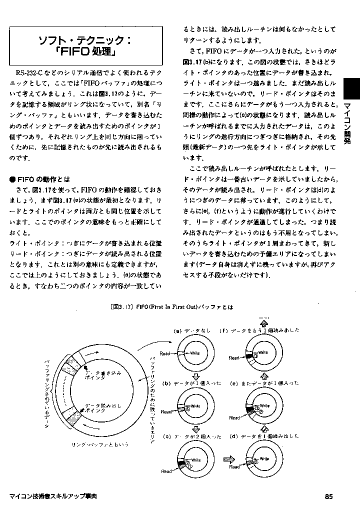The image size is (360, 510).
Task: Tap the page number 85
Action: pyautogui.click(x=328, y=496)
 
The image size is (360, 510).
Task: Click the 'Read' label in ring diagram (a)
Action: pyautogui.click(x=165, y=353)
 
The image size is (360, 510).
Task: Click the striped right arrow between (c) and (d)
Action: pyautogui.click(x=229, y=457)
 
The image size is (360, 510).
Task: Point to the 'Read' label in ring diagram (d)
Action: pyautogui.click(x=234, y=466)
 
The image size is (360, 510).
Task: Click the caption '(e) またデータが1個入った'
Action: pyautogui.click(x=264, y=382)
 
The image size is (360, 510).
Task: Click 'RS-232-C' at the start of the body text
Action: pyautogui.click(x=30, y=73)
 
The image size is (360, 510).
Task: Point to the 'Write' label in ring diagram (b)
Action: pyautogui.click(x=196, y=405)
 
